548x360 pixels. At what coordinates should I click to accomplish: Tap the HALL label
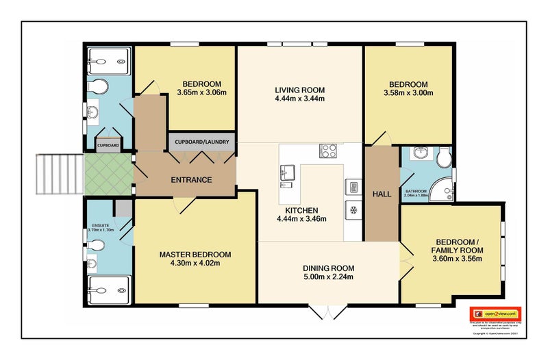tap(382, 194)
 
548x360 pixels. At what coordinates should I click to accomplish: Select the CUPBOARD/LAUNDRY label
tap(202, 142)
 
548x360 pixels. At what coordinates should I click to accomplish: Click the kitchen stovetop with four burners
tap(329, 151)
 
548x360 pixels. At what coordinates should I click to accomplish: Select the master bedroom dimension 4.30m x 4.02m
tap(195, 264)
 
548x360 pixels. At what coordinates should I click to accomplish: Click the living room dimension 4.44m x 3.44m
tap(299, 99)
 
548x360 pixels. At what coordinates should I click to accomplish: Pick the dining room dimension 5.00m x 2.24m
tap(329, 278)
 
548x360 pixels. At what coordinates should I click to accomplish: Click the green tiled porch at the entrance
tap(108, 174)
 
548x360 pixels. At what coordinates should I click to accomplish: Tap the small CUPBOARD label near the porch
tap(108, 145)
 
